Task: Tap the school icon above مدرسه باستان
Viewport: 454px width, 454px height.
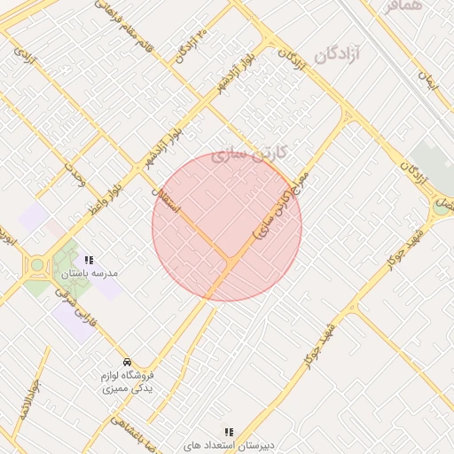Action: [89, 261]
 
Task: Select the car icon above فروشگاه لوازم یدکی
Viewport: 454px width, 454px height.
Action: [127, 362]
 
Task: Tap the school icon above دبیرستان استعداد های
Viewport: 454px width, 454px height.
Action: [230, 432]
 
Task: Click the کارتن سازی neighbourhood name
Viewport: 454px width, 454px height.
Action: [252, 153]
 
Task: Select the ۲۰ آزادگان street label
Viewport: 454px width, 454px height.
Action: [190, 46]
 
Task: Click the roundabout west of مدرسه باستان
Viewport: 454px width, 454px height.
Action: [37, 265]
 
